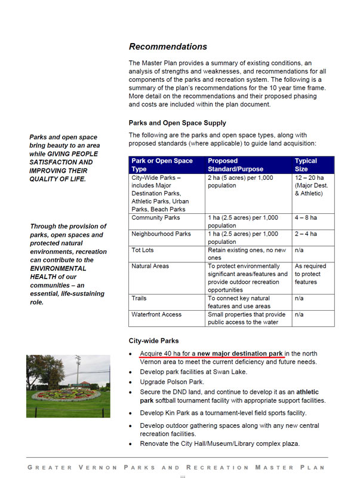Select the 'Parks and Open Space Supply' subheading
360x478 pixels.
click(x=177, y=123)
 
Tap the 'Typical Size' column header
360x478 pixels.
click(x=306, y=165)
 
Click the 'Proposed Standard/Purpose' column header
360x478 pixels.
click(x=230, y=165)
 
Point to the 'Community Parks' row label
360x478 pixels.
click(x=155, y=218)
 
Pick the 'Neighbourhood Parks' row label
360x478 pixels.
click(x=161, y=234)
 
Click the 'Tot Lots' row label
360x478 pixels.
click(x=142, y=250)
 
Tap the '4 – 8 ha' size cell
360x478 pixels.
click(x=306, y=218)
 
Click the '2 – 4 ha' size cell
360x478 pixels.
click(x=306, y=234)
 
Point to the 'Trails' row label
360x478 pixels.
click(x=139, y=298)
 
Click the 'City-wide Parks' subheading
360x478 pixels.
click(x=153, y=341)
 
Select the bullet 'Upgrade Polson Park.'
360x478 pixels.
click(x=172, y=382)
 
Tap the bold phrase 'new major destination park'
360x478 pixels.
click(x=240, y=354)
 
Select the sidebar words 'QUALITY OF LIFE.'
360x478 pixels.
click(x=57, y=179)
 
